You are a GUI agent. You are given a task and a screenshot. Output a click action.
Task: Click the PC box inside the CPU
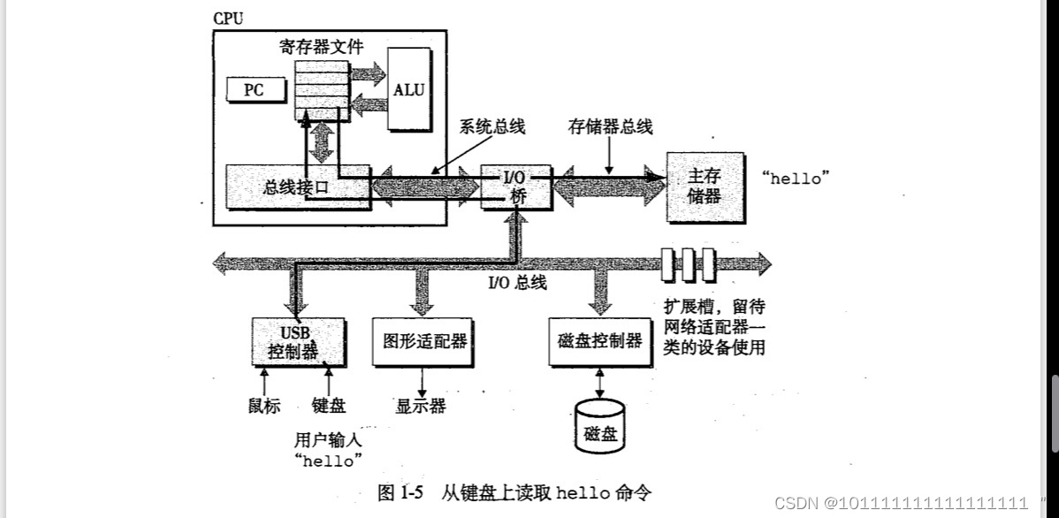coord(254,89)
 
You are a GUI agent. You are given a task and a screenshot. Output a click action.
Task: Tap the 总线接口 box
coord(296,187)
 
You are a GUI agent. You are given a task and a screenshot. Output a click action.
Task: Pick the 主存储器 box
coord(705,187)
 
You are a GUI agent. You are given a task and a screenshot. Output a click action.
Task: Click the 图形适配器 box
coord(420,341)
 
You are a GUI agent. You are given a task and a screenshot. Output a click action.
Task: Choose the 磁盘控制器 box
coord(600,341)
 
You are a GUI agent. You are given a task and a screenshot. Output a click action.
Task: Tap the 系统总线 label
coord(491,126)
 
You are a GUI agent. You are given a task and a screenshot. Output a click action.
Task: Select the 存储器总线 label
coord(610,126)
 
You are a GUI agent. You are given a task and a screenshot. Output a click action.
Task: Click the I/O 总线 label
coord(517,283)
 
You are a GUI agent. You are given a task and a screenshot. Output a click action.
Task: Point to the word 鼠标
coord(264,406)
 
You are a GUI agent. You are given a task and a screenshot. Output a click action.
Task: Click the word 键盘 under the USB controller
coord(329,406)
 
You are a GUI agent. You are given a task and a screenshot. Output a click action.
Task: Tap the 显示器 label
coord(420,406)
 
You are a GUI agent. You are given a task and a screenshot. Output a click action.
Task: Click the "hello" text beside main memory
coord(796,178)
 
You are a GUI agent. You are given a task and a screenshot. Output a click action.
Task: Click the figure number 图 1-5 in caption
coord(401,492)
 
